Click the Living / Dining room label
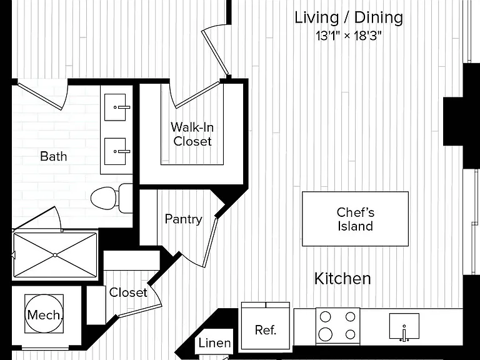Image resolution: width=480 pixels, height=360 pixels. (349, 17)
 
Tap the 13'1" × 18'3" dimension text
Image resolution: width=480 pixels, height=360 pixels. (349, 36)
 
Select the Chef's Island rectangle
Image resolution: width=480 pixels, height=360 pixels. (355, 219)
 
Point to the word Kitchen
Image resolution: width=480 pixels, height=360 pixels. (342, 279)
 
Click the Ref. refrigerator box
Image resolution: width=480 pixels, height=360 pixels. (266, 326)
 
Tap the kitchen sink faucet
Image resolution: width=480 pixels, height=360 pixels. (404, 334)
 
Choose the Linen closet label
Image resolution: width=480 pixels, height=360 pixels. (214, 343)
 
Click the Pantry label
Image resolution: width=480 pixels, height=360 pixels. (183, 219)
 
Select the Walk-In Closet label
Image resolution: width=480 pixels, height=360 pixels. (192, 134)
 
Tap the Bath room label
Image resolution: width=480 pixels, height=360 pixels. (54, 156)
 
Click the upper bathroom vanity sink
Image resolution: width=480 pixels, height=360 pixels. (115, 107)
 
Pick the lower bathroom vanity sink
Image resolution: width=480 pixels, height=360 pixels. (115, 151)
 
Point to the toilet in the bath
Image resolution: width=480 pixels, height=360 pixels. (112, 198)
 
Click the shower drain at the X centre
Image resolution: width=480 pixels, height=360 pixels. (55, 255)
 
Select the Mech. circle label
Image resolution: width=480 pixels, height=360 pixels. (44, 315)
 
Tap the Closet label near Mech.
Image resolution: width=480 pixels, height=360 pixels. (128, 292)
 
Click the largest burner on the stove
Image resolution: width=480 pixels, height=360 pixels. (325, 334)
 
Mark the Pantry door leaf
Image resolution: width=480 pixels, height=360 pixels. (210, 242)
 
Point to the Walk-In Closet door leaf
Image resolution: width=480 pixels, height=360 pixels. (197, 94)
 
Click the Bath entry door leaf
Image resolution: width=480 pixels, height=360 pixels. (40, 96)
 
